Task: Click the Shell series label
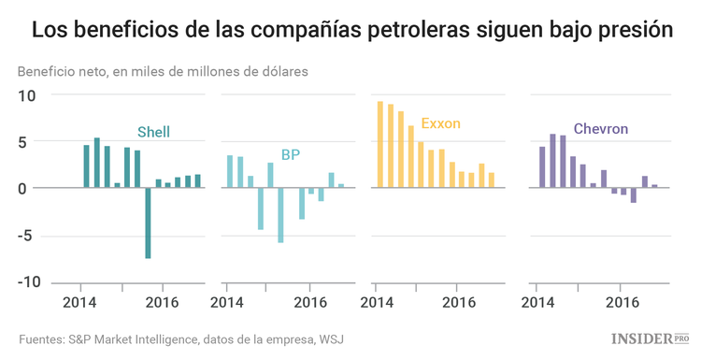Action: (x=153, y=132)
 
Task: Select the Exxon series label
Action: (x=440, y=123)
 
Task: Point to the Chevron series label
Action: (x=600, y=128)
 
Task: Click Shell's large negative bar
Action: (x=148, y=223)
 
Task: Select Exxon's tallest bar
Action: (x=379, y=144)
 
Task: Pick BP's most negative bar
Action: (x=280, y=214)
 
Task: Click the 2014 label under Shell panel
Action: (x=81, y=302)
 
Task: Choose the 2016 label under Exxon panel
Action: (x=458, y=302)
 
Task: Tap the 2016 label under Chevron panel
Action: (x=622, y=302)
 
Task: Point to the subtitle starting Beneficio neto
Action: (x=162, y=71)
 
